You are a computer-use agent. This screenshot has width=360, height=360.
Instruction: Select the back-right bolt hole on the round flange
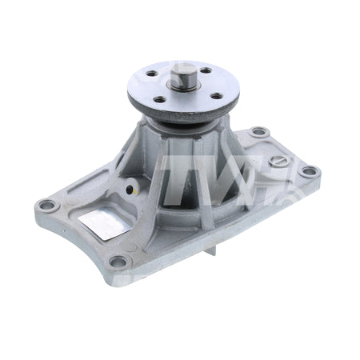click(x=206, y=70)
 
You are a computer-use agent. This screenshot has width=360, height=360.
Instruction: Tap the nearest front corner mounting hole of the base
click(x=118, y=261)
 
